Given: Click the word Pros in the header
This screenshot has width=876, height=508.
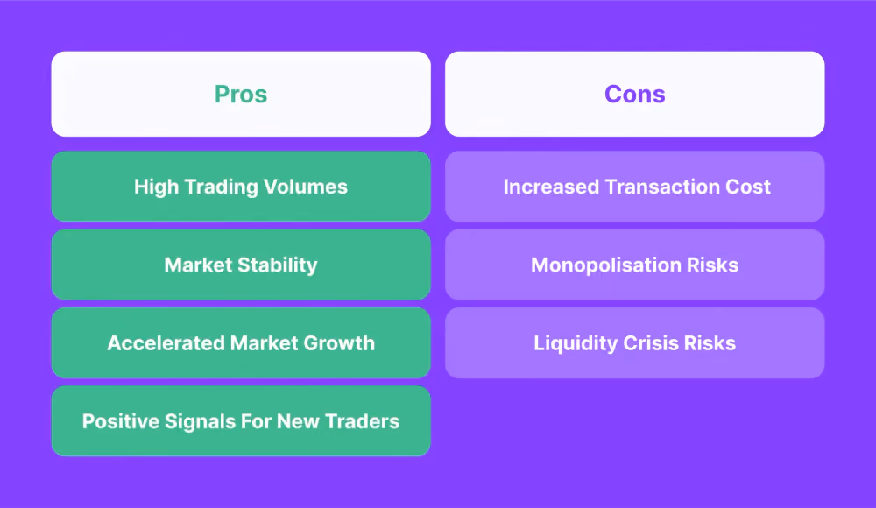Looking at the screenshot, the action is pyautogui.click(x=241, y=94).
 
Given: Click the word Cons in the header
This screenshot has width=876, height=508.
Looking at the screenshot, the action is pyautogui.click(x=634, y=94).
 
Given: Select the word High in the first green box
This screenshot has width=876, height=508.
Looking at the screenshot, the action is pyautogui.click(x=157, y=187).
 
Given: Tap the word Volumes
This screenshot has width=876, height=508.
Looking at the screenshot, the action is pyautogui.click(x=305, y=187).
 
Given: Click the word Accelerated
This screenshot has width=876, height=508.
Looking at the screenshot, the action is pyautogui.click(x=166, y=343).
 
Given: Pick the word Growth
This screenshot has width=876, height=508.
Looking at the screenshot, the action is pyautogui.click(x=338, y=343).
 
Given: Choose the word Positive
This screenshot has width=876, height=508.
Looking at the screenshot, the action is pyautogui.click(x=120, y=421).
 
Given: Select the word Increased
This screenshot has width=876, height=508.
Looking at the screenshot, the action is pyautogui.click(x=551, y=187).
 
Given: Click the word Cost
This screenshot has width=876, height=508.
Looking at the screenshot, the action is pyautogui.click(x=747, y=187).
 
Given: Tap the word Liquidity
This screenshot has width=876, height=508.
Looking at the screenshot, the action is pyautogui.click(x=576, y=343).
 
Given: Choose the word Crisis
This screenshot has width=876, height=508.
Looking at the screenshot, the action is pyautogui.click(x=650, y=343).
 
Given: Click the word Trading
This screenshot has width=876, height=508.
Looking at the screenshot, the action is pyautogui.click(x=222, y=187).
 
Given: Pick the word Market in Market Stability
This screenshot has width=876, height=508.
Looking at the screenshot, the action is pyautogui.click(x=198, y=265).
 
